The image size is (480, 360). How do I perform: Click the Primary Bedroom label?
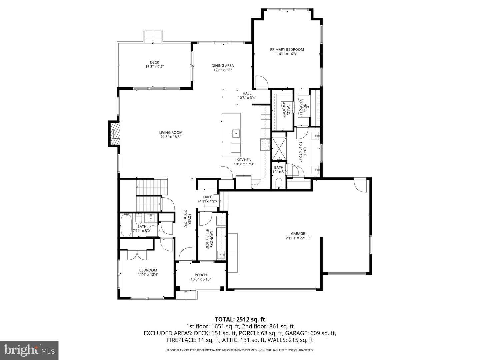(x=287, y=50)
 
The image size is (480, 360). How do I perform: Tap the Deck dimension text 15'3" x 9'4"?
(x=154, y=67)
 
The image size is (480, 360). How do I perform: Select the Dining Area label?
(x=222, y=66)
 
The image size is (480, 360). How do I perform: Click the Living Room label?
(x=171, y=132)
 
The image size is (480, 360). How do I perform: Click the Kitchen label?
(x=244, y=160)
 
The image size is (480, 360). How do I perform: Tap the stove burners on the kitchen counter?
(x=265, y=144)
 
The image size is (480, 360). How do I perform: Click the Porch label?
(x=201, y=275)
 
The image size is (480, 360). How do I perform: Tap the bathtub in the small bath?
(x=126, y=225)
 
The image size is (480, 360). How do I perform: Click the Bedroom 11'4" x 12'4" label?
(x=148, y=270)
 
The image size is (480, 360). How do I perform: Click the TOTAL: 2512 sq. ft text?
(x=240, y=320)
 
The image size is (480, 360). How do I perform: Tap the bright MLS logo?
(x=29, y=350)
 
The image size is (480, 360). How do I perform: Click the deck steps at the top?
(x=153, y=36)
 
